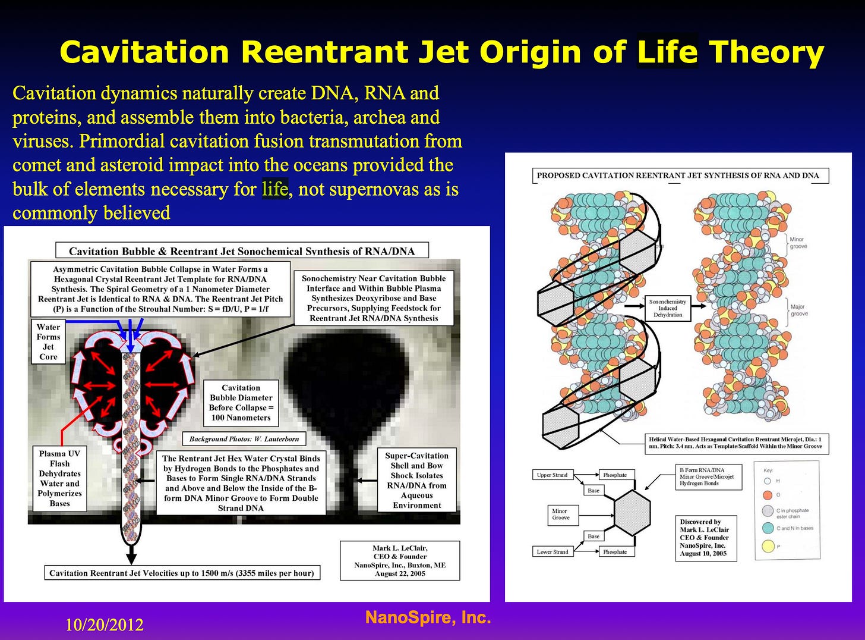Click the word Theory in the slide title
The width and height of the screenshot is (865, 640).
(766, 52)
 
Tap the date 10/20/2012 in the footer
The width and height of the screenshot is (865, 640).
(105, 625)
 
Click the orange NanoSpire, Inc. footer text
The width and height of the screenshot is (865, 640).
(428, 617)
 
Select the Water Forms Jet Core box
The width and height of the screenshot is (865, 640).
(48, 342)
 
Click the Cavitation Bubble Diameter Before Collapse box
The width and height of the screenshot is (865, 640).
(241, 403)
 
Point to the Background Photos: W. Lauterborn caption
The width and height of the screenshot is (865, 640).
(244, 439)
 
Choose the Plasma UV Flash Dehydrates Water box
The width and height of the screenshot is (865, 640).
(59, 478)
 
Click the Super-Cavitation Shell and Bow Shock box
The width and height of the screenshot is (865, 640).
(416, 480)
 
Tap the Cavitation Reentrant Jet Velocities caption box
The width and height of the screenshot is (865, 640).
(182, 573)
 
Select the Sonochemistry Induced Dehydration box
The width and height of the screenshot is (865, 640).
(668, 308)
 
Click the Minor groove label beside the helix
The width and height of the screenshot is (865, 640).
(798, 243)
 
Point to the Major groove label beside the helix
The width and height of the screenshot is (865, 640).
(798, 310)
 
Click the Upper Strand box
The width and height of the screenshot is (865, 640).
(552, 475)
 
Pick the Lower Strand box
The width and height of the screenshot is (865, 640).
(553, 551)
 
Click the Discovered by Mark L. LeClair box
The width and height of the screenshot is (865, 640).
(705, 537)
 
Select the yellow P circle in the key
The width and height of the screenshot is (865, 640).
(768, 545)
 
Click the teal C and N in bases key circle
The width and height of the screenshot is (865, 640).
(768, 528)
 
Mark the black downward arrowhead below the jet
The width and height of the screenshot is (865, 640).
(131, 559)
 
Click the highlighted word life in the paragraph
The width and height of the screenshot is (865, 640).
(275, 189)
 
